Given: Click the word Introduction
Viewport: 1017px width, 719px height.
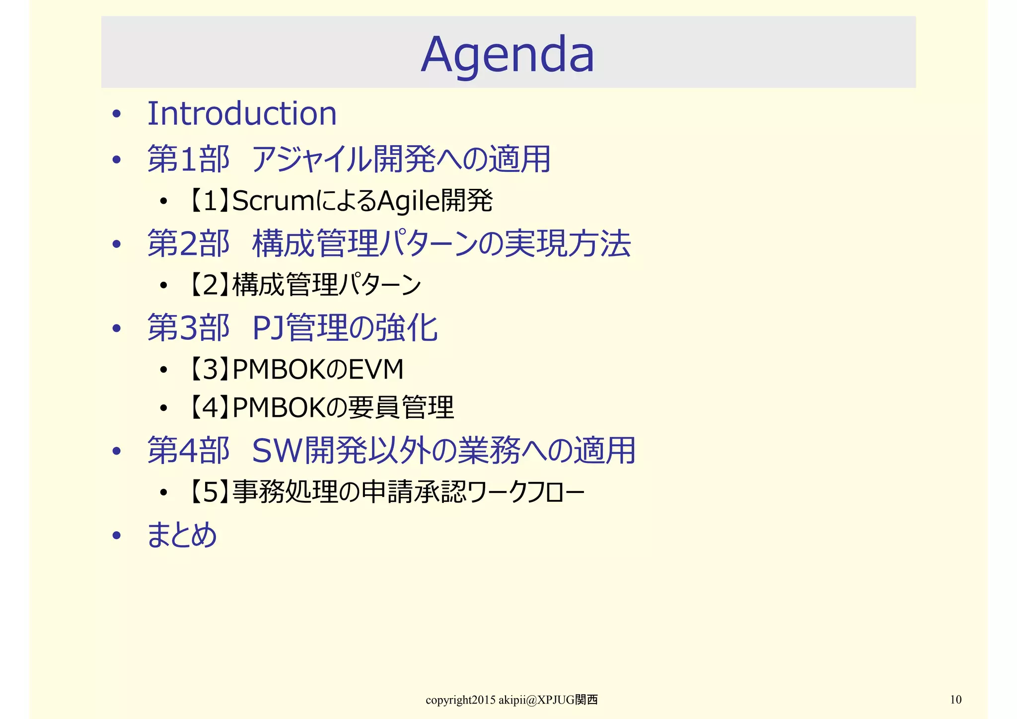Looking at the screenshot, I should (242, 113).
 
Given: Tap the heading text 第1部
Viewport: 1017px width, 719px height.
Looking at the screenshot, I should (189, 159).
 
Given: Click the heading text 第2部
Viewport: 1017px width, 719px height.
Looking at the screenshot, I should (189, 243).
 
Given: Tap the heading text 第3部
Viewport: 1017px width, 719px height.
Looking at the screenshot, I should (189, 328).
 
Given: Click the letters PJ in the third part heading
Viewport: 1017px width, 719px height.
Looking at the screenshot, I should (269, 328).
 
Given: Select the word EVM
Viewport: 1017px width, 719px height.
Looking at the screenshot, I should (376, 369).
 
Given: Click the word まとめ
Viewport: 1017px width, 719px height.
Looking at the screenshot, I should (182, 535).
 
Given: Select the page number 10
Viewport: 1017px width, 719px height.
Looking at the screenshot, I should (955, 700).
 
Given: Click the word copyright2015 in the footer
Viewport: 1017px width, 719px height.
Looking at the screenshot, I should (460, 700).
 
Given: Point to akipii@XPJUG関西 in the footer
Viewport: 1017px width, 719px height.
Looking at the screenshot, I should (548, 700).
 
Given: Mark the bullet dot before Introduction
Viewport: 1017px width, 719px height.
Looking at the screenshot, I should (116, 115).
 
